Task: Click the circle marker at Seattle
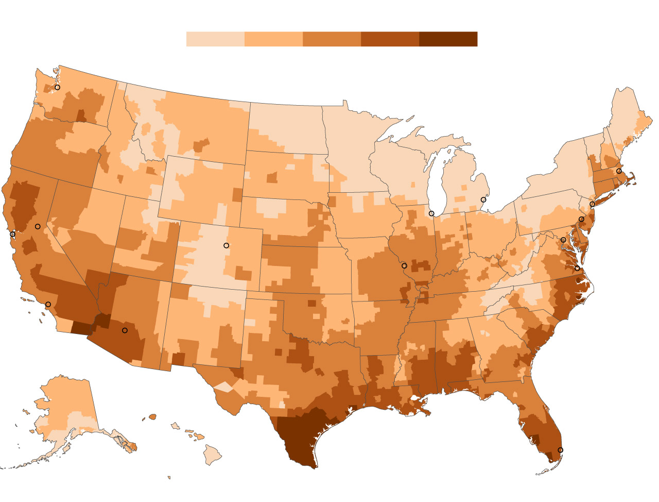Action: tap(57, 87)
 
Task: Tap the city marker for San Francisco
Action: tap(12, 235)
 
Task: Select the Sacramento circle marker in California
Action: tap(38, 226)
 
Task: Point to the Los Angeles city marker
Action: tap(48, 304)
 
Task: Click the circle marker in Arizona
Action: tap(125, 330)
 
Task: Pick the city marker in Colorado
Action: tap(226, 245)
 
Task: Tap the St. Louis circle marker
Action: tap(404, 266)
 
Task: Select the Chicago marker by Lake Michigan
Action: tap(431, 213)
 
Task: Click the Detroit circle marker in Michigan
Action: tap(483, 199)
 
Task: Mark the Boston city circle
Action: tap(619, 171)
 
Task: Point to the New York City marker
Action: tap(592, 204)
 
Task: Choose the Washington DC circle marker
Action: tap(563, 240)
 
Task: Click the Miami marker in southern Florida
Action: tap(561, 450)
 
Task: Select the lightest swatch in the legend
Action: tap(215, 39)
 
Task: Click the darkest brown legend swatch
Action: tap(448, 39)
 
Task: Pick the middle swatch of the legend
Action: tap(332, 39)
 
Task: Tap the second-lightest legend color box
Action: tap(273, 39)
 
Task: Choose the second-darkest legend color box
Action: tap(390, 39)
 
